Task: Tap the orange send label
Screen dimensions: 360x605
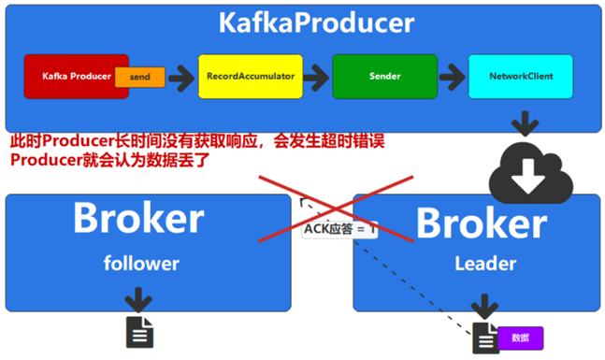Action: click(x=140, y=77)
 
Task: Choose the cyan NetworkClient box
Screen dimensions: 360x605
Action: click(x=519, y=76)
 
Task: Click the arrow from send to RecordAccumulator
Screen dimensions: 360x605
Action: click(x=181, y=77)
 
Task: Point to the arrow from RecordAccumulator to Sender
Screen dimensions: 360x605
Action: click(x=318, y=77)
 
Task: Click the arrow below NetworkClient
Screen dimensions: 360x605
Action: click(x=524, y=123)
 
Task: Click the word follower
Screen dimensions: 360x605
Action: click(x=140, y=264)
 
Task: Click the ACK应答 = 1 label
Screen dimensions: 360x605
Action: click(x=339, y=227)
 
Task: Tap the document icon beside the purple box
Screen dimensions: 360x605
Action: click(x=485, y=338)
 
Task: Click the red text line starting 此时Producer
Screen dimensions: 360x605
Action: click(x=196, y=141)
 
